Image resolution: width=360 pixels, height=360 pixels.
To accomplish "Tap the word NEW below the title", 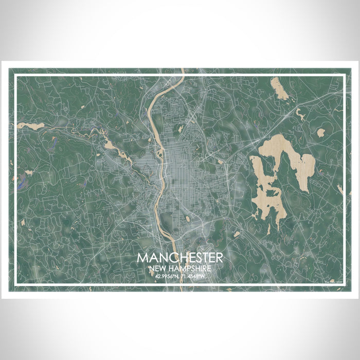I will (157, 268).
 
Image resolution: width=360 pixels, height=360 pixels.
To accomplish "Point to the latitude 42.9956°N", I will (166, 277).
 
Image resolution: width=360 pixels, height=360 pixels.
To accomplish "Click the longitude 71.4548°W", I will (194, 277).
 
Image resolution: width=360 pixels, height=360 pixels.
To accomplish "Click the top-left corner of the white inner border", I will (16, 75).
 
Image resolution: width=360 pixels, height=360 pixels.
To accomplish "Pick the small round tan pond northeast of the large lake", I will (320, 132).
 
